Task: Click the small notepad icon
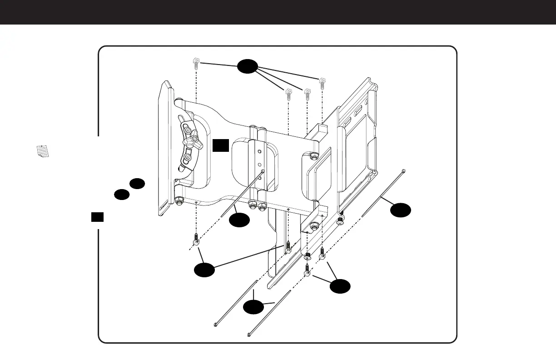pyautogui.click(x=42, y=151)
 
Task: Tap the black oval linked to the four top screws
pyautogui.click(x=247, y=66)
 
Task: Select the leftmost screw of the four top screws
pyautogui.click(x=195, y=62)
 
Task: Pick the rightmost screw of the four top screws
pyautogui.click(x=322, y=83)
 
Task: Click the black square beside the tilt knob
pyautogui.click(x=221, y=145)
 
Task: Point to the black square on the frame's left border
pyautogui.click(x=97, y=217)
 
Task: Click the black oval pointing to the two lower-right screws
pyautogui.click(x=340, y=286)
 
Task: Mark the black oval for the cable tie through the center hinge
pyautogui.click(x=239, y=220)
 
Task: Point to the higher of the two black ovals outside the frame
pyautogui.click(x=137, y=184)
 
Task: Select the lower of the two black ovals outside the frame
pyautogui.click(x=121, y=195)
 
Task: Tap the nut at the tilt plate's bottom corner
pyautogui.click(x=179, y=201)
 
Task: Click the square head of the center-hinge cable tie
pyautogui.click(x=263, y=172)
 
